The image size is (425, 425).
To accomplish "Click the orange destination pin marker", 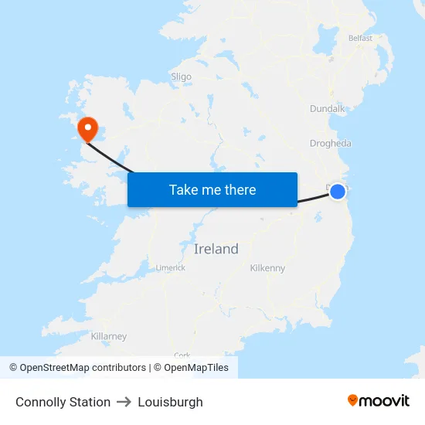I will pyautogui.click(x=87, y=127).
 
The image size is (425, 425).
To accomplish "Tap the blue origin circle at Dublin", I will pyautogui.click(x=338, y=191).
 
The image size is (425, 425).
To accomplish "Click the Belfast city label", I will pyautogui.click(x=360, y=38).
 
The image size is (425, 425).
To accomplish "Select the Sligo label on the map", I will pyautogui.click(x=181, y=76).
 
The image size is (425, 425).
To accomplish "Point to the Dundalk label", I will pyautogui.click(x=327, y=109).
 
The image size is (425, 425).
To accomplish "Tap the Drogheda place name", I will pyautogui.click(x=330, y=143).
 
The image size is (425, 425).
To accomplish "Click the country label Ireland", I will pyautogui.click(x=216, y=249).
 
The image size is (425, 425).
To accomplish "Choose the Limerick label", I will pyautogui.click(x=171, y=268).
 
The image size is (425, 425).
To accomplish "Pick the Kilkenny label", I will pyautogui.click(x=267, y=268).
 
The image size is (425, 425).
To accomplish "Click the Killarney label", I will pyautogui.click(x=109, y=336).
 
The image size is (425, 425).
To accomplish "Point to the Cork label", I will pyautogui.click(x=182, y=355).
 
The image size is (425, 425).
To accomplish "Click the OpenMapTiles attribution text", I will pyautogui.click(x=196, y=368).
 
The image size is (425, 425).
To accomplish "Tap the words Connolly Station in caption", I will pyautogui.click(x=63, y=402).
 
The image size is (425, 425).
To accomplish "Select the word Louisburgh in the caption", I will pyautogui.click(x=170, y=402).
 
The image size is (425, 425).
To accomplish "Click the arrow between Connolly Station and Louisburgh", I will pyautogui.click(x=124, y=402).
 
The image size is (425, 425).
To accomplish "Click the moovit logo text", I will pyautogui.click(x=385, y=400).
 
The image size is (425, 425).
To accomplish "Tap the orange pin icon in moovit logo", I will pyautogui.click(x=353, y=400).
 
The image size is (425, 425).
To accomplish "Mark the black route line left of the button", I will pyautogui.click(x=112, y=159).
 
